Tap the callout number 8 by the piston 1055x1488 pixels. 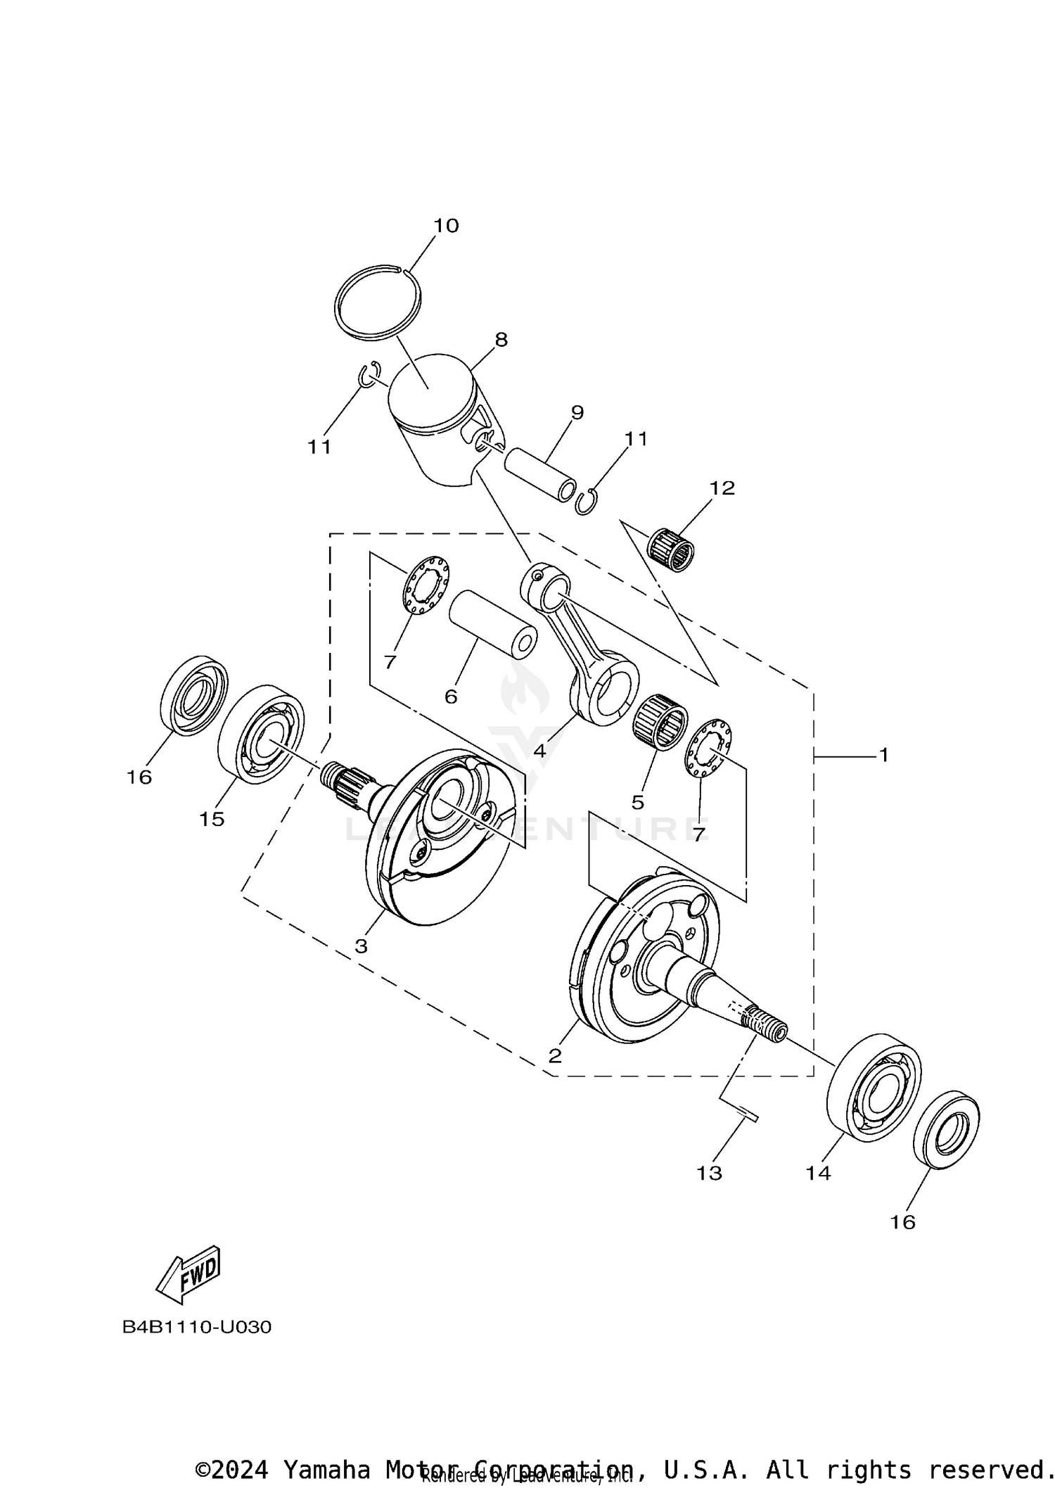500,339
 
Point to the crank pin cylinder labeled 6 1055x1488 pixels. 492,624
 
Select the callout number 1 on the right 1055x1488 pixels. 883,755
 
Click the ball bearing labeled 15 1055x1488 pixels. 261,734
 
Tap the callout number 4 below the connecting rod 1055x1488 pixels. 539,751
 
